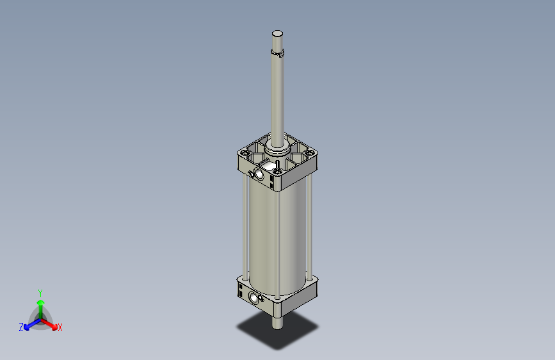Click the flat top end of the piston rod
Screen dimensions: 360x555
[277, 33]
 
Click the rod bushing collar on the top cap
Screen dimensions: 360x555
[278, 152]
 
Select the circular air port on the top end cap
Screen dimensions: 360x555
[259, 174]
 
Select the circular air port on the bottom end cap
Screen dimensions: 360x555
[255, 297]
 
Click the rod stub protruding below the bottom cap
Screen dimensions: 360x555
[277, 321]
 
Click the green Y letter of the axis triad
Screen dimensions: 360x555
[40, 291]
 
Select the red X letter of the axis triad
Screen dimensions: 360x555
[60, 328]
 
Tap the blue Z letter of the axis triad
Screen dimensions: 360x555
[21, 327]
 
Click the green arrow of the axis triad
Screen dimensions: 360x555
[40, 304]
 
